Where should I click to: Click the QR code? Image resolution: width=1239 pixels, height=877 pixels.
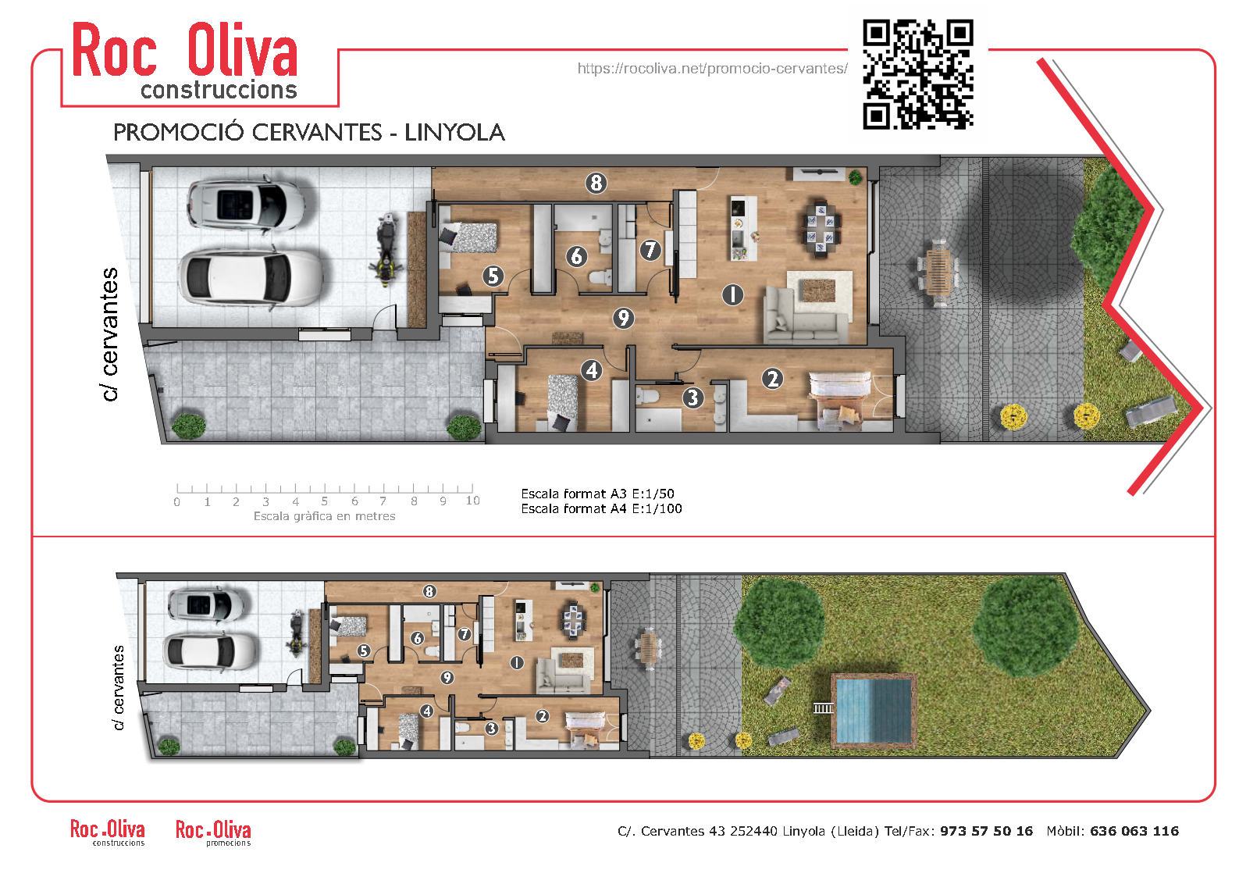(917, 74)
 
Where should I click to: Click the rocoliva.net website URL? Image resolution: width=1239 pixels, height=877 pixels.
(713, 69)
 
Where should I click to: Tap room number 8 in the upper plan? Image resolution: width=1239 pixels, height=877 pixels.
(596, 183)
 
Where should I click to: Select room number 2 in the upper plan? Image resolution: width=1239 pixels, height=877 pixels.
(773, 379)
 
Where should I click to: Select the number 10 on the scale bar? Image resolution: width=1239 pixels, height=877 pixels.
(472, 501)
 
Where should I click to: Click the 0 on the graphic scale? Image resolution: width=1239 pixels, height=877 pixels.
(177, 502)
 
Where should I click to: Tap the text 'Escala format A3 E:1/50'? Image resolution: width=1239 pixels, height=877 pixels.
(597, 494)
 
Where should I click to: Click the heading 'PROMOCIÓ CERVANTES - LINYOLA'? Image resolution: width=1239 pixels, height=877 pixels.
(308, 132)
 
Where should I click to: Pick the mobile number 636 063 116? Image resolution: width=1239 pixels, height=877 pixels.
(1134, 831)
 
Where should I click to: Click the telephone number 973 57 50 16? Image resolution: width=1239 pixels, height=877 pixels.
(986, 831)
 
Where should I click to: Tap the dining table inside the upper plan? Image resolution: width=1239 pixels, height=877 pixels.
(823, 229)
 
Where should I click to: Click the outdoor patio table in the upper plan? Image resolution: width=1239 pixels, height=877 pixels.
(938, 272)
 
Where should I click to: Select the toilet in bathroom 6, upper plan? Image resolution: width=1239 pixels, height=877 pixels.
(600, 276)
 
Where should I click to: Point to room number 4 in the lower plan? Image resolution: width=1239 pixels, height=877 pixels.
(426, 711)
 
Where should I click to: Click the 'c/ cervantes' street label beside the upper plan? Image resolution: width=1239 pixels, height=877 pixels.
(110, 334)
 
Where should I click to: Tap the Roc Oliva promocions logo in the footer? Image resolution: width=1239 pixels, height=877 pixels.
(213, 832)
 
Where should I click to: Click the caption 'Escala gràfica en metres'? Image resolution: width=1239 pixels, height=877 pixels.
(324, 516)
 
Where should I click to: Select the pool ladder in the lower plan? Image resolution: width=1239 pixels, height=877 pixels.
(823, 708)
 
